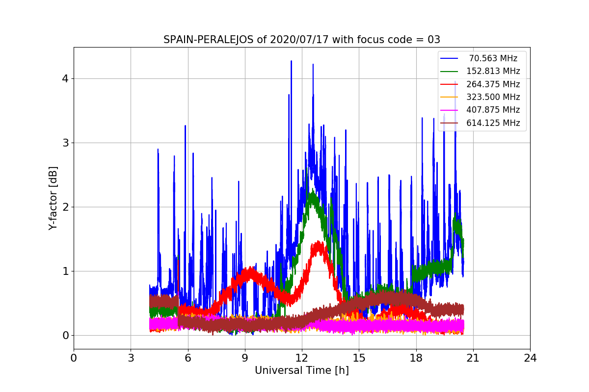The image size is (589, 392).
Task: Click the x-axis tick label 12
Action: pyautogui.click(x=302, y=358)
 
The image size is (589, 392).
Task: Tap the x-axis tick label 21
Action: pyautogui.click(x=473, y=358)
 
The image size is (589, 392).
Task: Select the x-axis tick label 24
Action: pyautogui.click(x=530, y=358)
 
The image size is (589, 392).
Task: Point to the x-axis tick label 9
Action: pyautogui.click(x=245, y=358)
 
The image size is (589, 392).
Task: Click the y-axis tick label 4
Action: pyautogui.click(x=65, y=79)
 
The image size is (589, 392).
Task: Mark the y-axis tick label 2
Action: pyautogui.click(x=65, y=207)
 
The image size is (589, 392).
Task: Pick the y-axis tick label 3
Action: pyautogui.click(x=65, y=143)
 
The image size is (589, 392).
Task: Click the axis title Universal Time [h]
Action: pyautogui.click(x=301, y=371)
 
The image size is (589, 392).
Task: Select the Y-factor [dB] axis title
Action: pyautogui.click(x=53, y=198)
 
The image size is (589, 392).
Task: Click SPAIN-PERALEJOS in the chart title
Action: pyautogui.click(x=209, y=40)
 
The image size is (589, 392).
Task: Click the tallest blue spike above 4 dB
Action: pyautogui.click(x=291, y=62)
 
